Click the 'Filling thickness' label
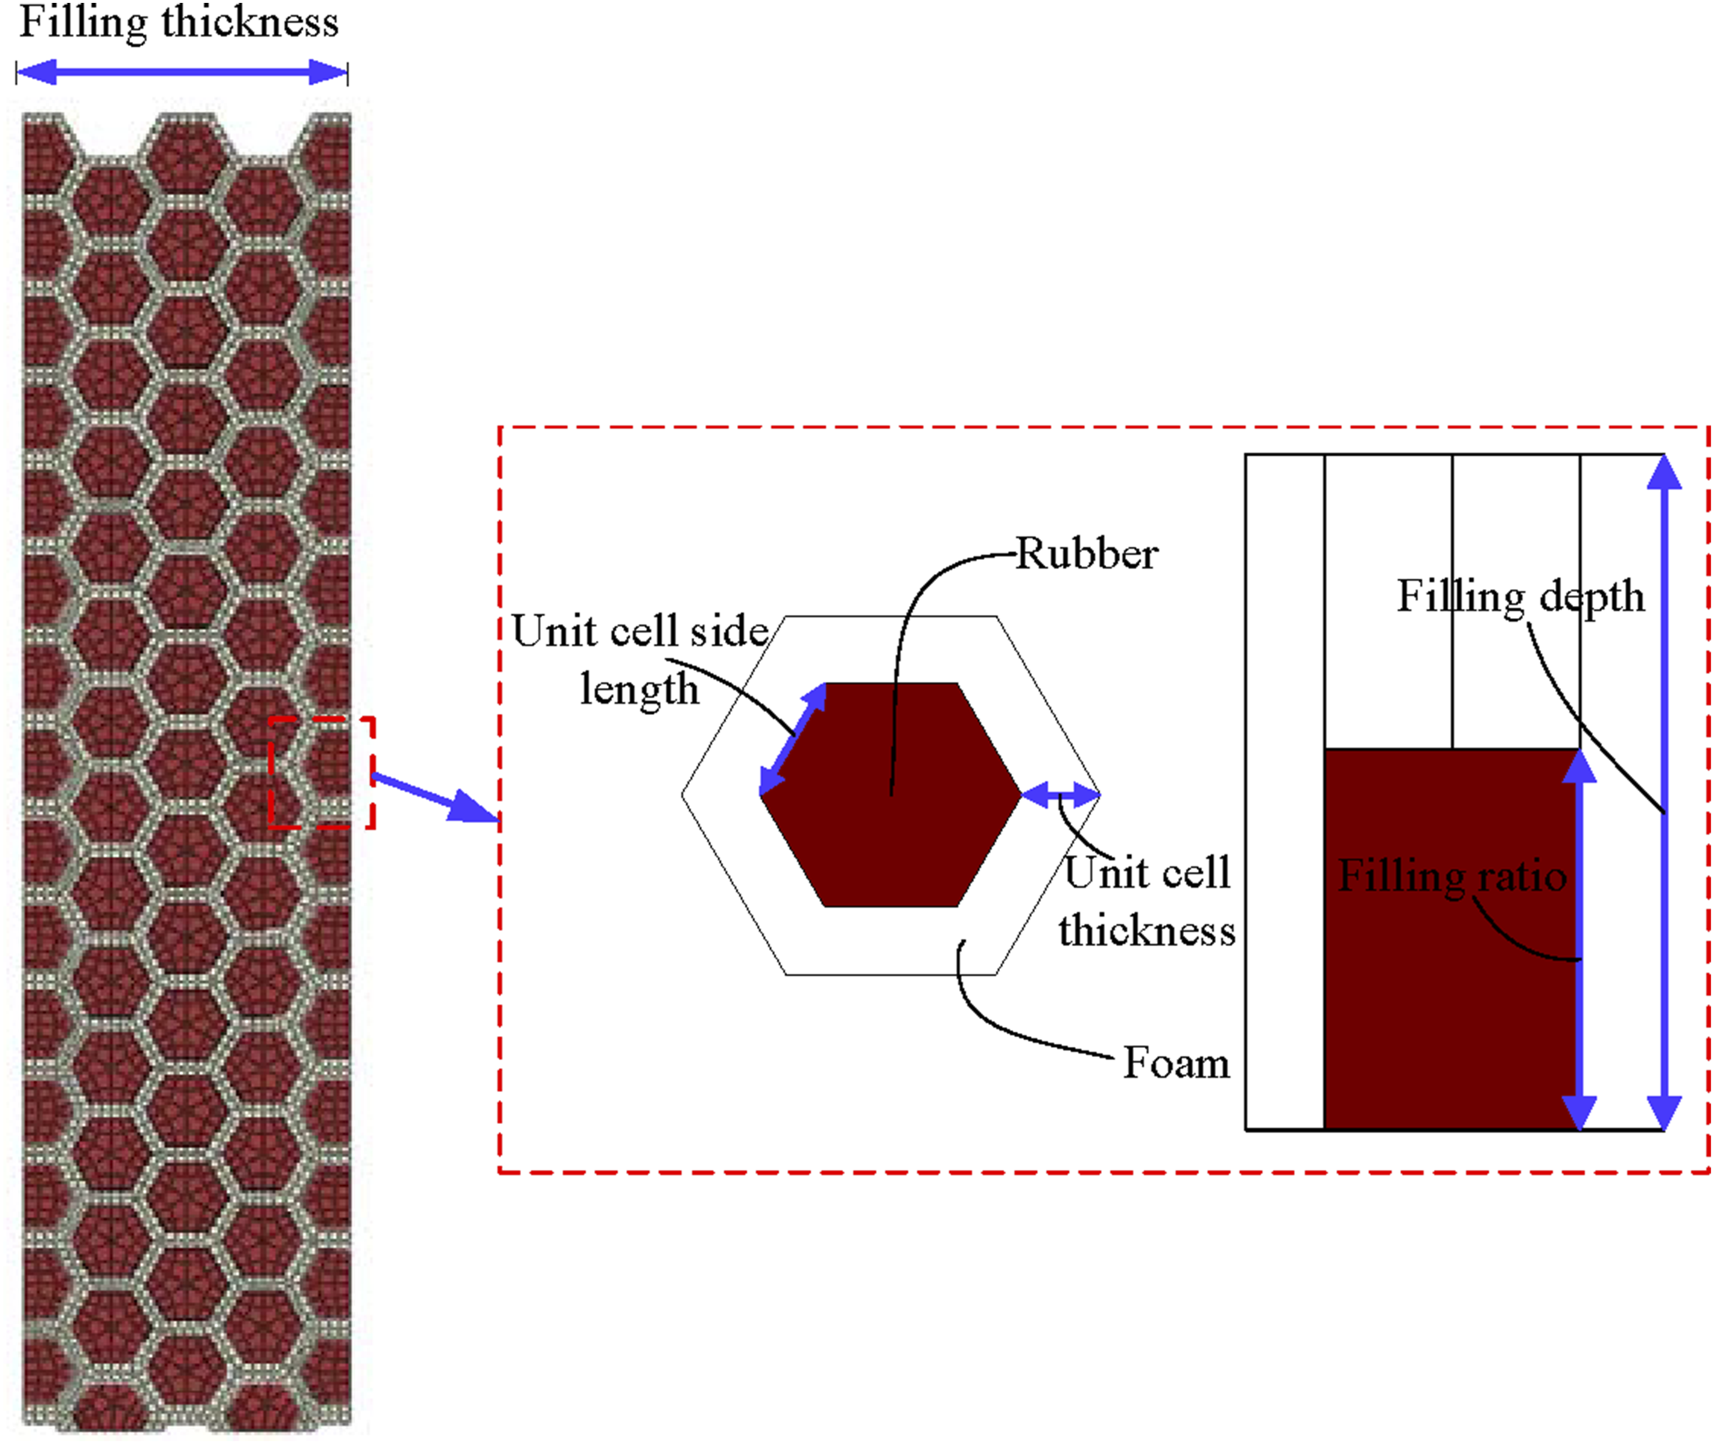(178, 23)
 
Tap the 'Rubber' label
(1087, 554)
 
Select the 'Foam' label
(1176, 1062)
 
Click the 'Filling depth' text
(1521, 597)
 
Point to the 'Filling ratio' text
(1452, 877)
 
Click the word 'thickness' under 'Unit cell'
(1146, 931)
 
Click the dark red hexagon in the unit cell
(891, 795)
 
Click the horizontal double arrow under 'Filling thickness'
(182, 72)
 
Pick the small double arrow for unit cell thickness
(1062, 794)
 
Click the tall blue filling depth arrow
(1664, 792)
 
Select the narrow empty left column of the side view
(1285, 792)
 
